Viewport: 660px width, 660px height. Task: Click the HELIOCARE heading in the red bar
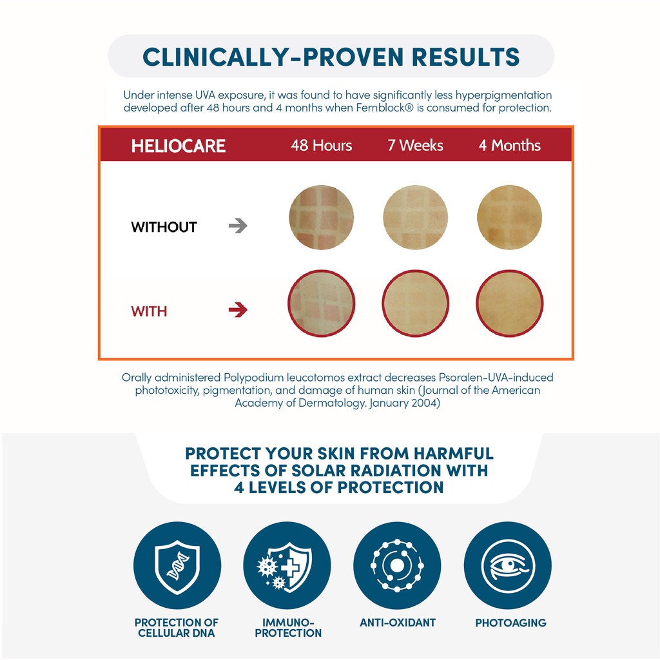click(x=179, y=146)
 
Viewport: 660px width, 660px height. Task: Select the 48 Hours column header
click(x=321, y=145)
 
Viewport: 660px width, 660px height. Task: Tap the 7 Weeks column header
click(x=415, y=145)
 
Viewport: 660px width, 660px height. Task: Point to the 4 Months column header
click(x=509, y=145)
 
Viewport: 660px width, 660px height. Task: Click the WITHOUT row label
click(x=164, y=228)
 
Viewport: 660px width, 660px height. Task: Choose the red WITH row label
click(x=149, y=311)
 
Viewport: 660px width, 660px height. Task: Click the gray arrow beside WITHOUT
click(x=238, y=226)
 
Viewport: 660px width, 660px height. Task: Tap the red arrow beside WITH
click(x=238, y=310)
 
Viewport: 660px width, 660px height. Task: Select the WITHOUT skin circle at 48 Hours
click(x=321, y=217)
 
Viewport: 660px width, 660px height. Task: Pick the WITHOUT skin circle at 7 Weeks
click(x=415, y=217)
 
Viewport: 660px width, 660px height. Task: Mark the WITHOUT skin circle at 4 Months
click(x=509, y=217)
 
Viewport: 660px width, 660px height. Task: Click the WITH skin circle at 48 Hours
click(x=321, y=304)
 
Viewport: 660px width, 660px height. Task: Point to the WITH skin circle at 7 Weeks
click(x=416, y=304)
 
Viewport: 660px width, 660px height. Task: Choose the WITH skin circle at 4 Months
click(x=510, y=304)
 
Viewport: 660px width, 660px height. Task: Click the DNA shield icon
click(x=177, y=565)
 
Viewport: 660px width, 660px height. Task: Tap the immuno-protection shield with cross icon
click(x=287, y=565)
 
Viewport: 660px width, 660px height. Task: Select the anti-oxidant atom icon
click(x=397, y=565)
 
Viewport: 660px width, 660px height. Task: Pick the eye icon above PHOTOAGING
click(x=508, y=565)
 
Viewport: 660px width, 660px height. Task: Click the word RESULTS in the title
click(x=465, y=57)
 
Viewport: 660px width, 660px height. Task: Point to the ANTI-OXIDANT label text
click(x=398, y=623)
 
